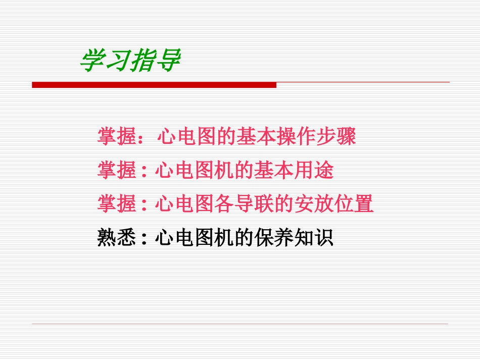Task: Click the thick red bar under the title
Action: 154,85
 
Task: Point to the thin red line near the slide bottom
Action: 240,324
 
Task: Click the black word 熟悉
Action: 116,238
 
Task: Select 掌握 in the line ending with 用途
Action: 116,171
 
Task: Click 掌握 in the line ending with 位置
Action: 116,204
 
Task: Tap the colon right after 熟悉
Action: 145,239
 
